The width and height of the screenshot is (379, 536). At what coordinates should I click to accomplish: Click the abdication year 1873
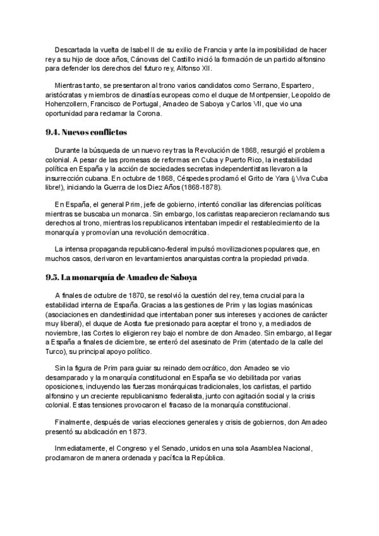(x=134, y=433)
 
